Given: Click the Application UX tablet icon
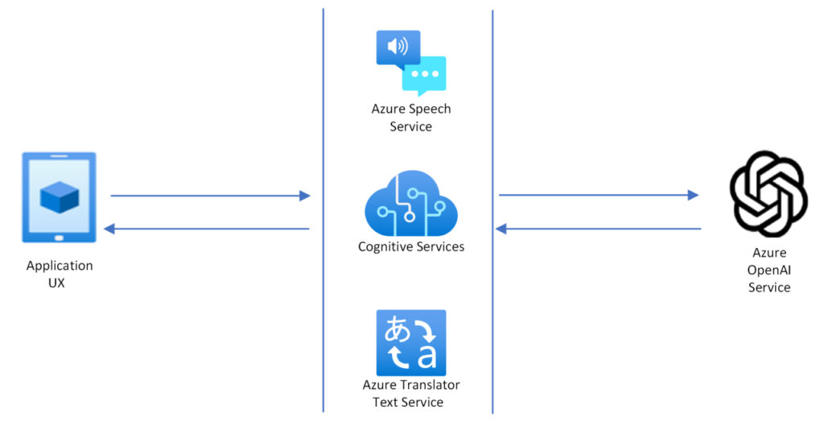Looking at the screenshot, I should click(59, 197).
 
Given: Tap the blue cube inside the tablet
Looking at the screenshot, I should click(59, 196).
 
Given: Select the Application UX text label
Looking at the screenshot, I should click(59, 274).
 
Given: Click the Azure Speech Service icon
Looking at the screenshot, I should click(410, 62).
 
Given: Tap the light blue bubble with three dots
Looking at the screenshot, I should click(424, 75).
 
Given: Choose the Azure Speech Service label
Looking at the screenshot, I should click(410, 118).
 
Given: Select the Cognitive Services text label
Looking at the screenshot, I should click(410, 246).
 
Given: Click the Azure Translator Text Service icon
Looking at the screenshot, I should click(410, 342).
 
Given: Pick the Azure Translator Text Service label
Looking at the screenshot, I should click(410, 394).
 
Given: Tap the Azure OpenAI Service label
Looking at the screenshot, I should click(768, 270).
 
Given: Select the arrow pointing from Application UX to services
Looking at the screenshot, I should click(209, 196).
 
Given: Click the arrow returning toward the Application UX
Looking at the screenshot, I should click(207, 230).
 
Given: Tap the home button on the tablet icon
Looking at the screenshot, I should click(59, 238).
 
